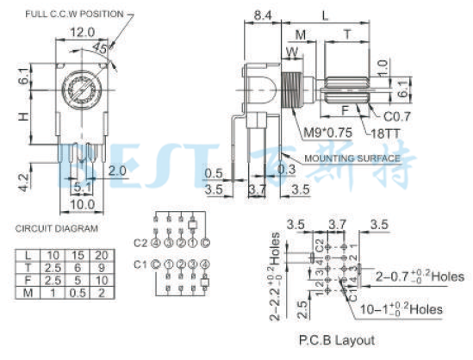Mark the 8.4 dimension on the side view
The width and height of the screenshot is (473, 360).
264,15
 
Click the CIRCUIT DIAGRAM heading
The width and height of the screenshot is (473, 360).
57,228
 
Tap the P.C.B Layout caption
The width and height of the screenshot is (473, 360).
335,339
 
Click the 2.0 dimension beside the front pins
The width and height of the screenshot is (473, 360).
118,171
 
